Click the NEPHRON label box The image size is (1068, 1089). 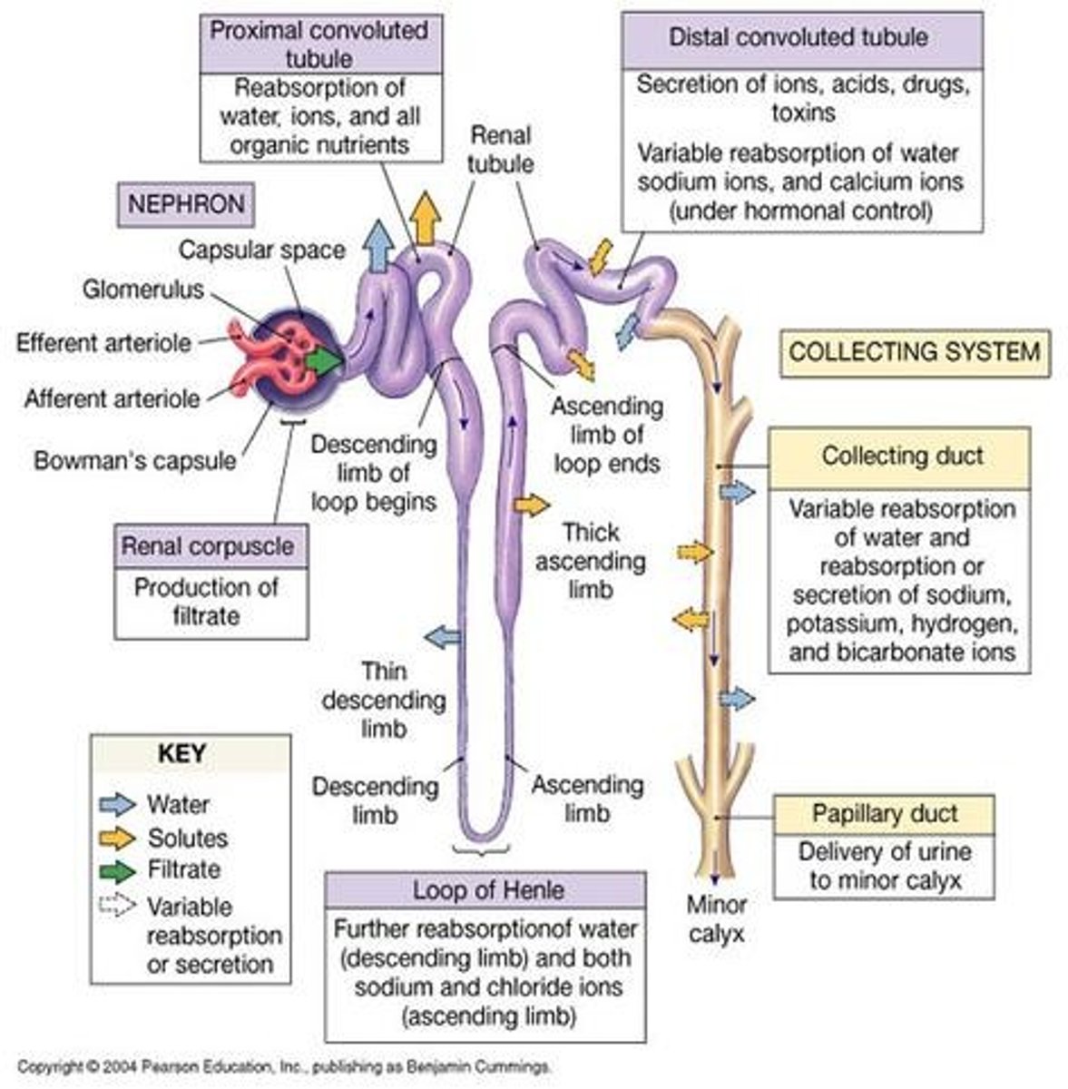[186, 204]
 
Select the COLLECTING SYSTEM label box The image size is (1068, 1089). [914, 352]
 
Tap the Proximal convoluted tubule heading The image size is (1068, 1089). [318, 44]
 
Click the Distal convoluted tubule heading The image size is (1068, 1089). [798, 38]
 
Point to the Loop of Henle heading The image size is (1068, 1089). [488, 889]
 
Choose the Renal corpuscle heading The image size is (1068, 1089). [208, 546]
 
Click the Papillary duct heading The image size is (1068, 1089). [884, 813]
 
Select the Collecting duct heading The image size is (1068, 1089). [901, 456]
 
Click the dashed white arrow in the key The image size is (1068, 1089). [117, 906]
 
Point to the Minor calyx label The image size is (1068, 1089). [716, 918]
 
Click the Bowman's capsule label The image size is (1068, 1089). [134, 460]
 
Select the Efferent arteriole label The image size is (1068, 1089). [103, 343]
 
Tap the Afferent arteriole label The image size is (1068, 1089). [112, 398]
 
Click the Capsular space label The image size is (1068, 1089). [261, 250]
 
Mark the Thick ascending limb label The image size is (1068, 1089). [591, 561]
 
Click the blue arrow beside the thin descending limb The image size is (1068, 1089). [442, 636]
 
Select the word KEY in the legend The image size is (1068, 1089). [181, 754]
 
